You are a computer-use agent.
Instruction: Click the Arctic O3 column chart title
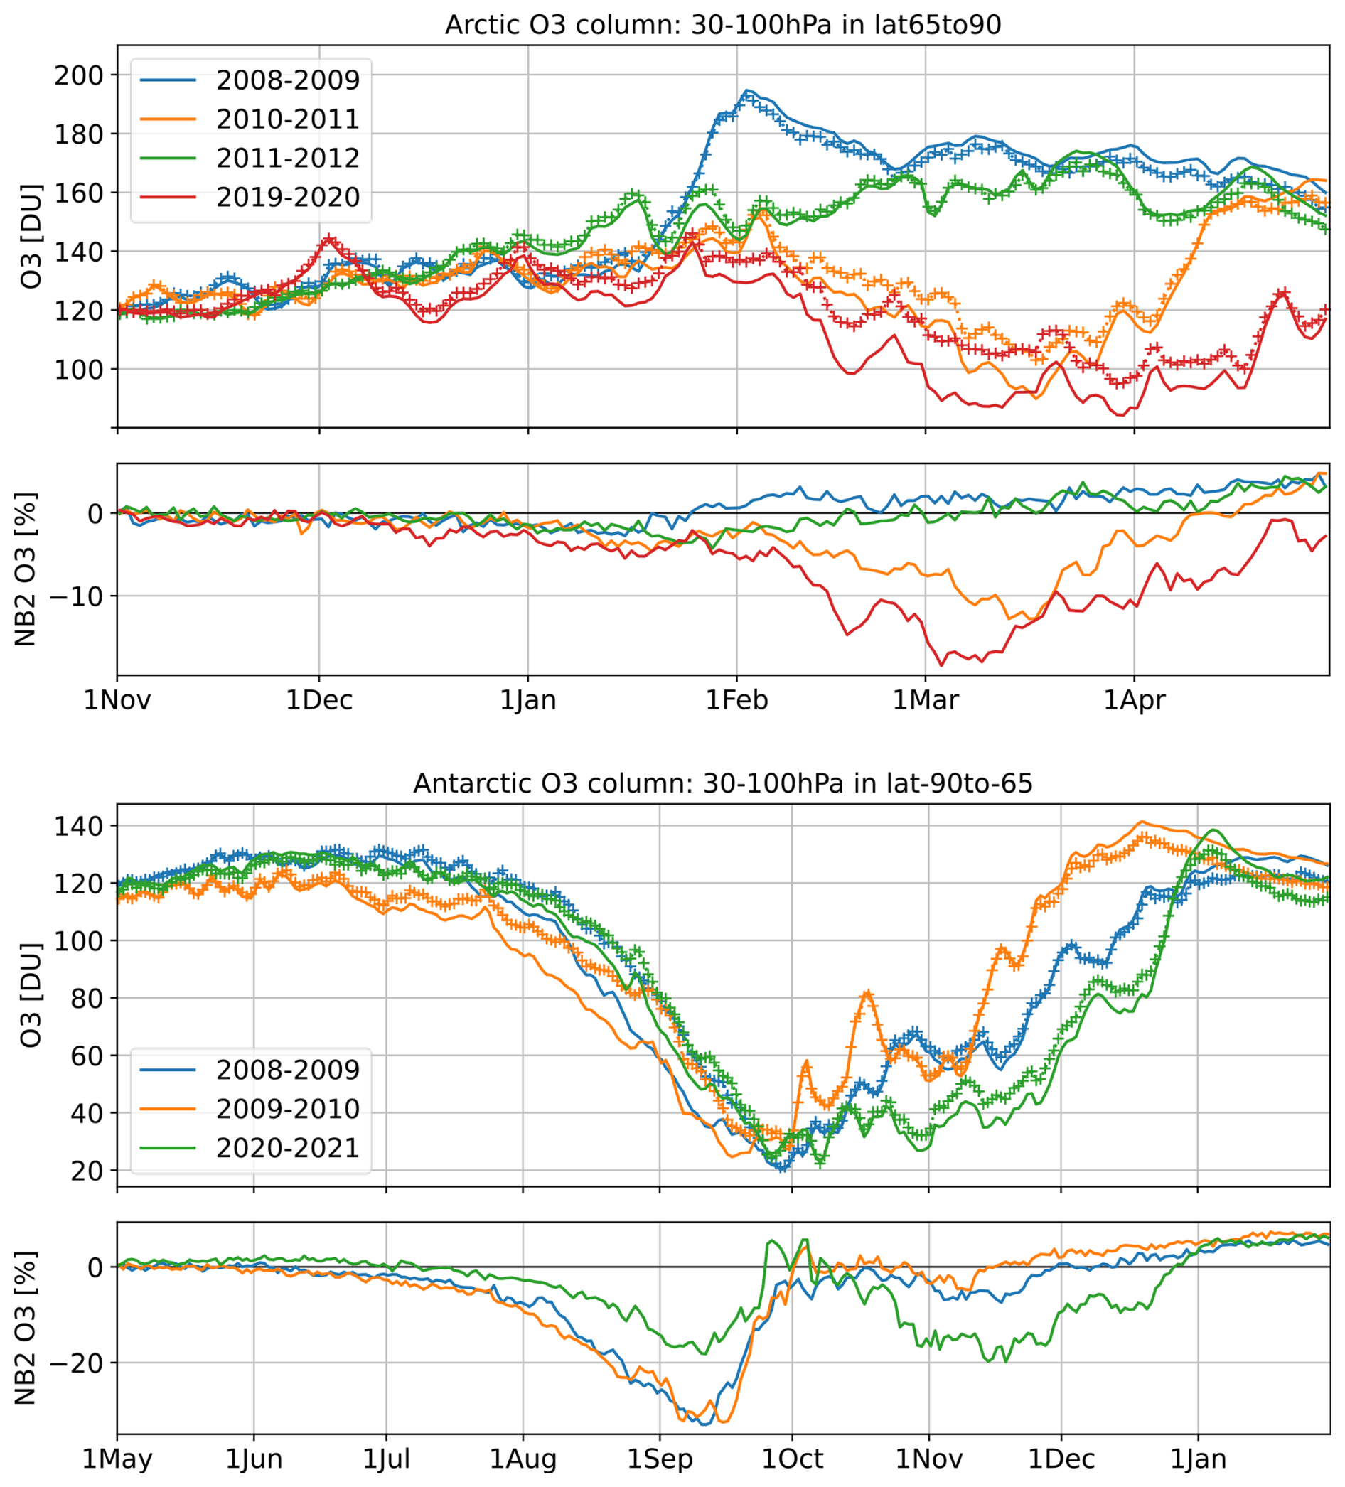(x=723, y=25)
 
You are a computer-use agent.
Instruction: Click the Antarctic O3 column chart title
(x=723, y=783)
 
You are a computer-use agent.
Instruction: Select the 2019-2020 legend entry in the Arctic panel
(x=288, y=198)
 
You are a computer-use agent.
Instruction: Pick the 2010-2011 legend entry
(x=288, y=119)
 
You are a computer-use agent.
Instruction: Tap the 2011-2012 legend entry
(x=288, y=159)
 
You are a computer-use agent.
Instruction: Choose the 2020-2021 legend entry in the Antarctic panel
(x=288, y=1149)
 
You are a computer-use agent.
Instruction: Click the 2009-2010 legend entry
(x=288, y=1110)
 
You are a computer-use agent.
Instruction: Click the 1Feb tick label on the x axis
(x=737, y=700)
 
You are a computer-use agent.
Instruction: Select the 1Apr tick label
(x=1134, y=700)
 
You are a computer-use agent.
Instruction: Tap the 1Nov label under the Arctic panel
(x=117, y=700)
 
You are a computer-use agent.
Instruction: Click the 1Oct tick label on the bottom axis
(x=792, y=1459)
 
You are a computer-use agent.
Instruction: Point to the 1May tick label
(x=117, y=1459)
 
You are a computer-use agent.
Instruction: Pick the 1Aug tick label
(x=523, y=1459)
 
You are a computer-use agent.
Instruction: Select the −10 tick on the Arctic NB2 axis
(x=70, y=596)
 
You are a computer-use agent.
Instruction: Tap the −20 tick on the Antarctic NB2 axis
(x=70, y=1363)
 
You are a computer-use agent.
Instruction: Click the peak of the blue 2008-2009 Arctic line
(x=747, y=91)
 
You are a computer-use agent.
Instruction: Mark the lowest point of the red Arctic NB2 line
(x=941, y=665)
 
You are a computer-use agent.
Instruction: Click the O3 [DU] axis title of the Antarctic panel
(x=31, y=995)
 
